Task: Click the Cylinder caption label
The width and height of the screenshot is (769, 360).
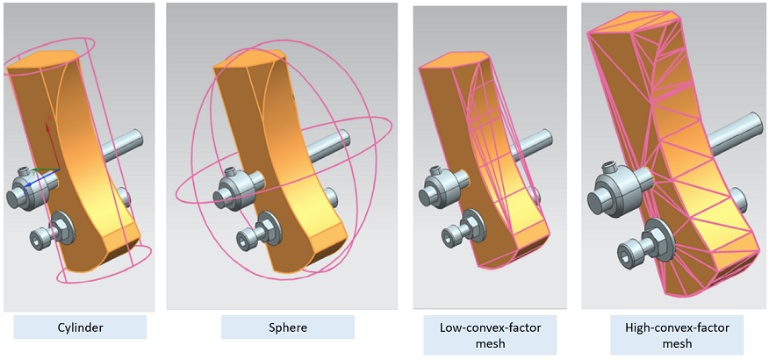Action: point(80,328)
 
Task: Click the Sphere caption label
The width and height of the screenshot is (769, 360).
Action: point(287,328)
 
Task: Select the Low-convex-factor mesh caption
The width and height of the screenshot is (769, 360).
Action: point(490,335)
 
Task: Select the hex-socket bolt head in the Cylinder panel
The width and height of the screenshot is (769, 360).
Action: point(42,235)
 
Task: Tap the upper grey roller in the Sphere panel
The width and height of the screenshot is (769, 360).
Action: point(231,186)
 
